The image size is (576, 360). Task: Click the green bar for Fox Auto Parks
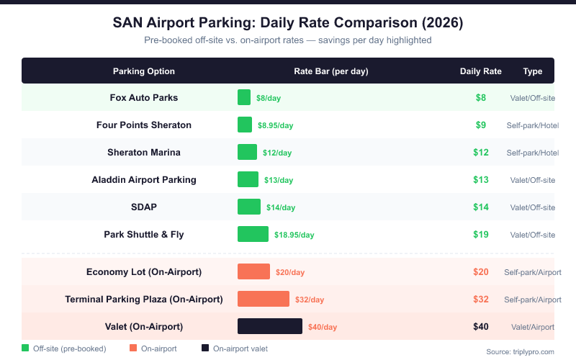[244, 97]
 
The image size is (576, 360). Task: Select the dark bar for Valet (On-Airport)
[270, 326]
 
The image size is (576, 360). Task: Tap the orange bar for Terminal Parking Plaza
[264, 299]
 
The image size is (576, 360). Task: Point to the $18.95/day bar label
[294, 235]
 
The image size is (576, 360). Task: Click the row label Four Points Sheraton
[144, 125]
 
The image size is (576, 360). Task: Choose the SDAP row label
[144, 207]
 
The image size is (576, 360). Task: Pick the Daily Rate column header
[481, 71]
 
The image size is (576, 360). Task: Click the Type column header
[533, 71]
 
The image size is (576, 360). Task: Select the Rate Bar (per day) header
[331, 71]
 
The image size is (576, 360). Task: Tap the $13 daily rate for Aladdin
[481, 179]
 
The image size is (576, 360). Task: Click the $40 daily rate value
[481, 326]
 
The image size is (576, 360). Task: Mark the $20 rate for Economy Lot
[481, 271]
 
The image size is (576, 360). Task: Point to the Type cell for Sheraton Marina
[533, 153]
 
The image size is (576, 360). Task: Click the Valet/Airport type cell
[533, 327]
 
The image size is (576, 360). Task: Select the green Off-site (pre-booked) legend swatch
[25, 348]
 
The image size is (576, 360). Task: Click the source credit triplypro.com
[521, 351]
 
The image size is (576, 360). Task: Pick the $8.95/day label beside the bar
[276, 125]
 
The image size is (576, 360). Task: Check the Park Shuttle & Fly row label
[144, 234]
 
